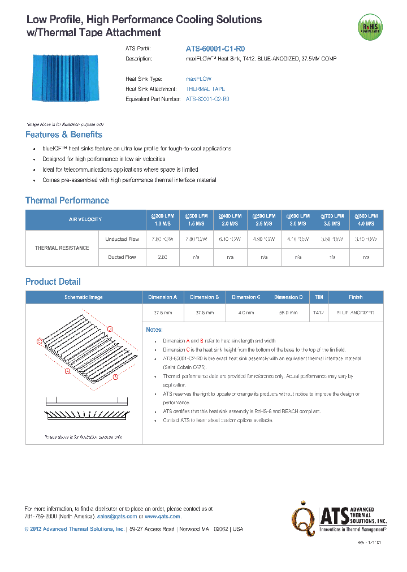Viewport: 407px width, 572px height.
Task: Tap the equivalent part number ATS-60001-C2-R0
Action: pos(207,99)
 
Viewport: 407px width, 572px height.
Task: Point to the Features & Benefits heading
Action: pos(64,135)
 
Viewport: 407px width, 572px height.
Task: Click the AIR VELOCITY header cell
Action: pos(85,219)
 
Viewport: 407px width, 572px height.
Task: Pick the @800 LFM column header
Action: pos(366,219)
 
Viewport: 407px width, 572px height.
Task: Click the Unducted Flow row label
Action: pos(122,239)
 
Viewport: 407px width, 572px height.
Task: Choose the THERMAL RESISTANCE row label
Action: pos(62,248)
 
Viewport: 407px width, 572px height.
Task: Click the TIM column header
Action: pos(319,297)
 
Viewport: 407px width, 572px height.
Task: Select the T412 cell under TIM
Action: pos(318,313)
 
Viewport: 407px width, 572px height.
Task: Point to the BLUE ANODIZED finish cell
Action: pos(356,313)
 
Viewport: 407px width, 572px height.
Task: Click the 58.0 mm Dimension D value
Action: pos(288,313)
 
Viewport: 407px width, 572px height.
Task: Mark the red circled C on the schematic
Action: pos(39,341)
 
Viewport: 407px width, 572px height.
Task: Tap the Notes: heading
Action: pos(154,330)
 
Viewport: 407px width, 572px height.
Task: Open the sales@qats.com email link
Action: pos(116,516)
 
